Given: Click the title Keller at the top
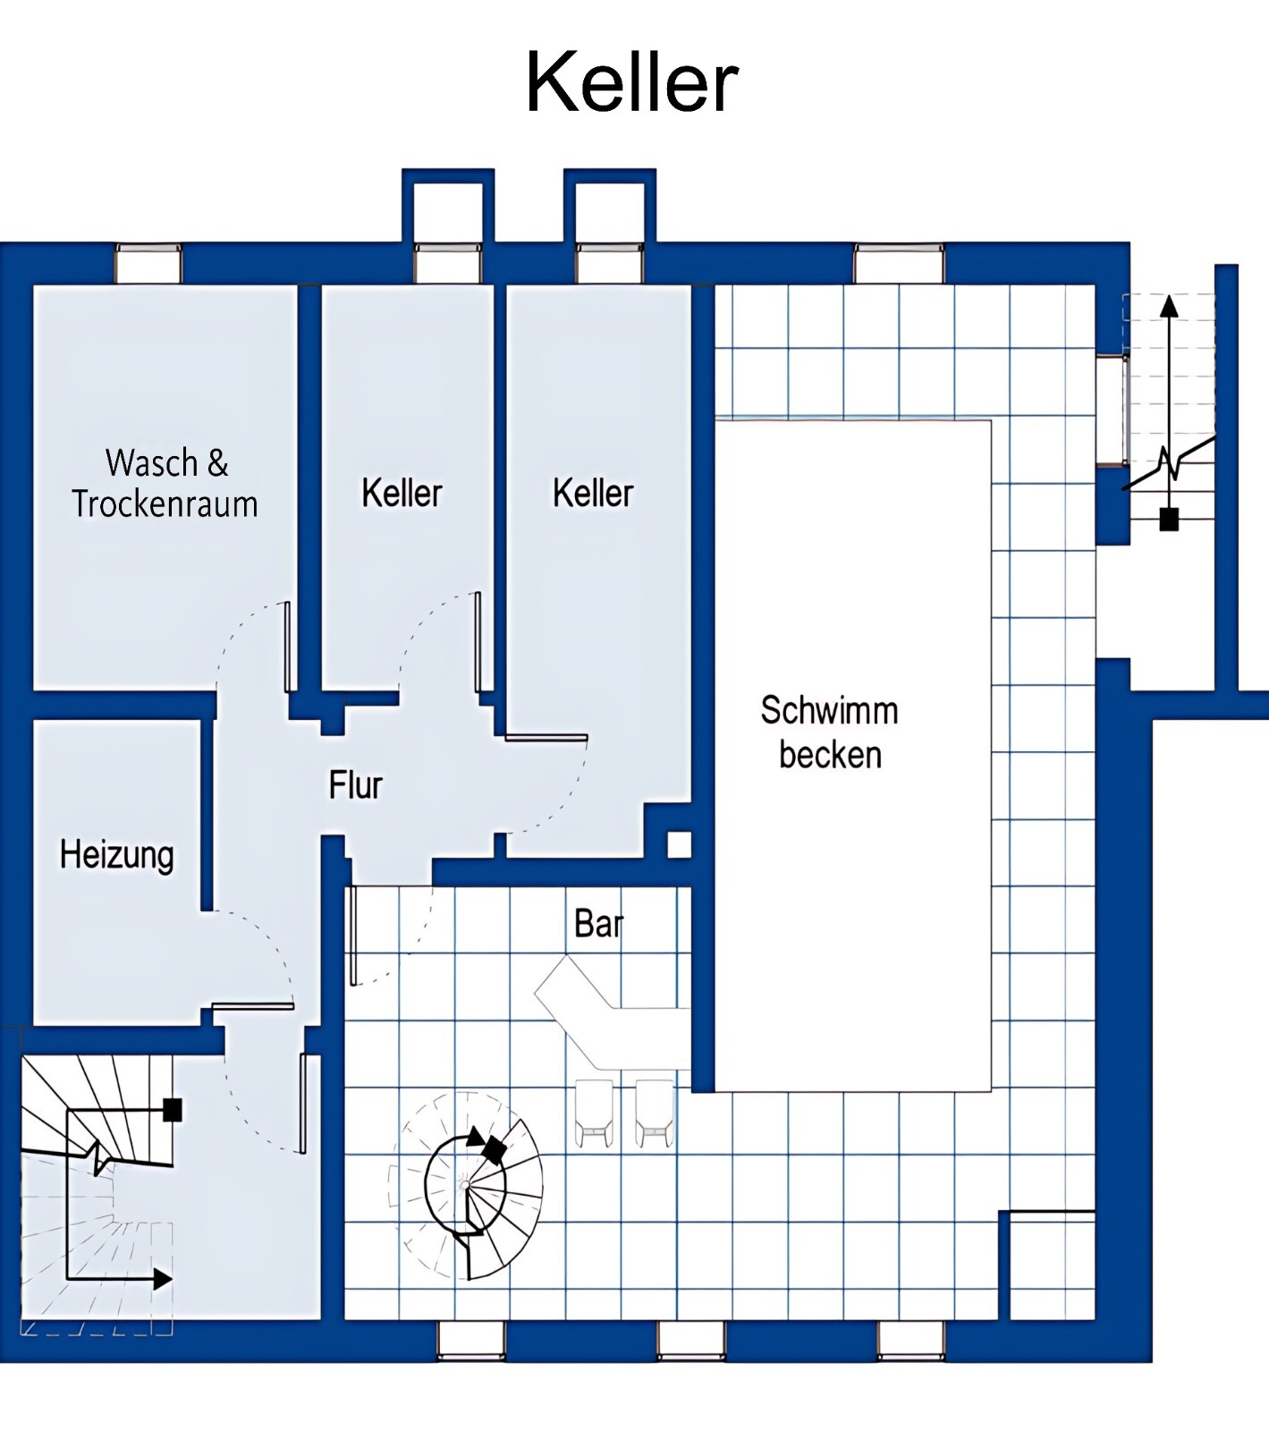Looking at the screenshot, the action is pyautogui.click(x=631, y=82).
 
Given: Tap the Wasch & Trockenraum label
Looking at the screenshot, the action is pyautogui.click(x=165, y=484).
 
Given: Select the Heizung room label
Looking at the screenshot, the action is pyautogui.click(x=117, y=855).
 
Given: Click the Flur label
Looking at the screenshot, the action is pyautogui.click(x=356, y=785).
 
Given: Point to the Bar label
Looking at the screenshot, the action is pyautogui.click(x=598, y=924).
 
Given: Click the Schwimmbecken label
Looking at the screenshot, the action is pyautogui.click(x=830, y=732).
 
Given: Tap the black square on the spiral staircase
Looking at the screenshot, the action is pyautogui.click(x=494, y=1148).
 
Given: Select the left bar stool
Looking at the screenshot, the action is pyautogui.click(x=594, y=1113).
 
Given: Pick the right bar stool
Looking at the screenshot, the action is pyautogui.click(x=655, y=1113).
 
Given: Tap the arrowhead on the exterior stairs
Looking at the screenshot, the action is pyautogui.click(x=1169, y=306).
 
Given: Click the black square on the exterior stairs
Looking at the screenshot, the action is pyautogui.click(x=1169, y=520).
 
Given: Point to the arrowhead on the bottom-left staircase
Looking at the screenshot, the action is pyautogui.click(x=162, y=1280).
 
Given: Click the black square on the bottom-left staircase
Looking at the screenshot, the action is pyautogui.click(x=173, y=1110).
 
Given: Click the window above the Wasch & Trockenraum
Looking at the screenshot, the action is pyautogui.click(x=148, y=263).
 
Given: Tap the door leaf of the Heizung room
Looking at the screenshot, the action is pyautogui.click(x=253, y=1006).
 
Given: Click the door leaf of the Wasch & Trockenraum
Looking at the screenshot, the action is pyautogui.click(x=288, y=647).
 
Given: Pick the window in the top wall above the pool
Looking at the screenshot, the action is pyautogui.click(x=899, y=263).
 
